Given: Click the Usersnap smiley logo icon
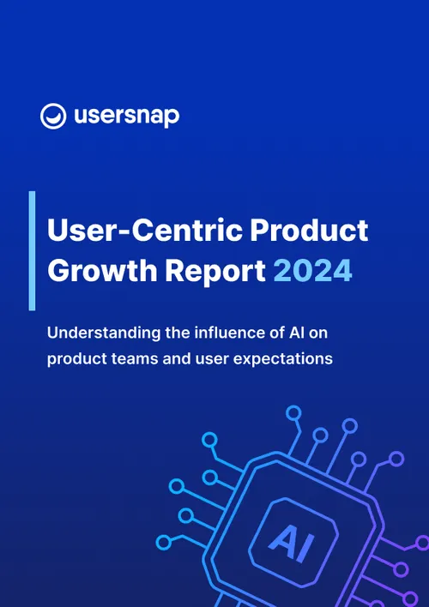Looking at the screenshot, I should pyautogui.click(x=54, y=117).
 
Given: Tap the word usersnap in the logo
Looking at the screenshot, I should pyautogui.click(x=125, y=116).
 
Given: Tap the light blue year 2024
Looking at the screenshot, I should pyautogui.click(x=312, y=271).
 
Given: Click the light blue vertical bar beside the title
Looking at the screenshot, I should pyautogui.click(x=32, y=249).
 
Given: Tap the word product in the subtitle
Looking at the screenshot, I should pyautogui.click(x=75, y=358).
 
